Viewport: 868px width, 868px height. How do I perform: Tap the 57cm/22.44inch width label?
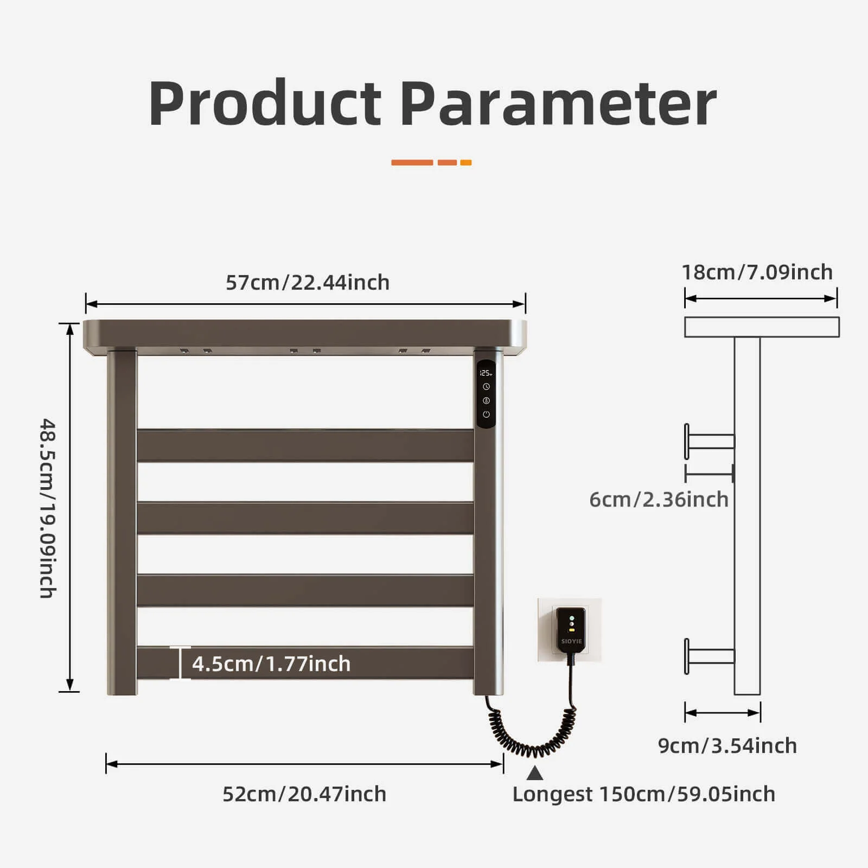(x=307, y=283)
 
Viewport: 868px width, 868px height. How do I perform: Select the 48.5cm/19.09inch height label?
(x=48, y=508)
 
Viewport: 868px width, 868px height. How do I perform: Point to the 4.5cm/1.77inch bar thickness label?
(x=271, y=664)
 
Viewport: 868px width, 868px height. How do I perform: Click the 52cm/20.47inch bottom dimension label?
(x=304, y=794)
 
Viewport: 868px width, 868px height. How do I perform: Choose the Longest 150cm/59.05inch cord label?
(x=643, y=794)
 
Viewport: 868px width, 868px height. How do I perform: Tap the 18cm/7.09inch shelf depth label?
(x=757, y=272)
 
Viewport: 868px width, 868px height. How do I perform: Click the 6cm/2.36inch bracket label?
(x=659, y=500)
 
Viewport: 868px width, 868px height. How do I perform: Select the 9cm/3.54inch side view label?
(x=727, y=746)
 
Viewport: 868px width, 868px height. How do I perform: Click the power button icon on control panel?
(x=486, y=414)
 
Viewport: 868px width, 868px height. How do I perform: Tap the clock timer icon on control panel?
(x=486, y=387)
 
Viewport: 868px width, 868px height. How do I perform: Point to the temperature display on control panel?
(x=486, y=373)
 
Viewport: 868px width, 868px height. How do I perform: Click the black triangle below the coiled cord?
(x=535, y=773)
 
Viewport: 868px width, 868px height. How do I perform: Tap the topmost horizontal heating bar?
(x=305, y=445)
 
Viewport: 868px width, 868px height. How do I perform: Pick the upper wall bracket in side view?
(x=710, y=441)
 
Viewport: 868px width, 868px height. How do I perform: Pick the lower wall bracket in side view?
(x=710, y=656)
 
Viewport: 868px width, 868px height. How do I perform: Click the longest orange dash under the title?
(x=412, y=163)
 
